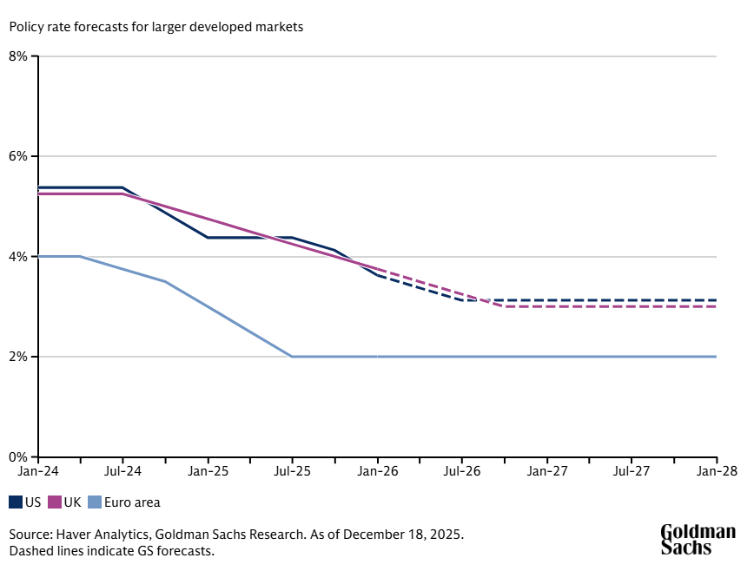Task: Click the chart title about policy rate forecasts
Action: (156, 27)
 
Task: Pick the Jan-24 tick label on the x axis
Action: (38, 471)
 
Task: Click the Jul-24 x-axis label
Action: (122, 471)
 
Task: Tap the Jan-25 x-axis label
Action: (208, 471)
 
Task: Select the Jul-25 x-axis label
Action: (292, 471)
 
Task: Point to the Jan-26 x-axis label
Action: (377, 471)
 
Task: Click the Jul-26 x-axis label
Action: (461, 471)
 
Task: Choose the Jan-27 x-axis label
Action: (546, 471)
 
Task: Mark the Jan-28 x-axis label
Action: (716, 471)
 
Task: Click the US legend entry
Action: (25, 502)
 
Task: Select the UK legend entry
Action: (64, 502)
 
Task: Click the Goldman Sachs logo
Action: (698, 539)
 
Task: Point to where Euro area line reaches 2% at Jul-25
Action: (293, 357)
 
